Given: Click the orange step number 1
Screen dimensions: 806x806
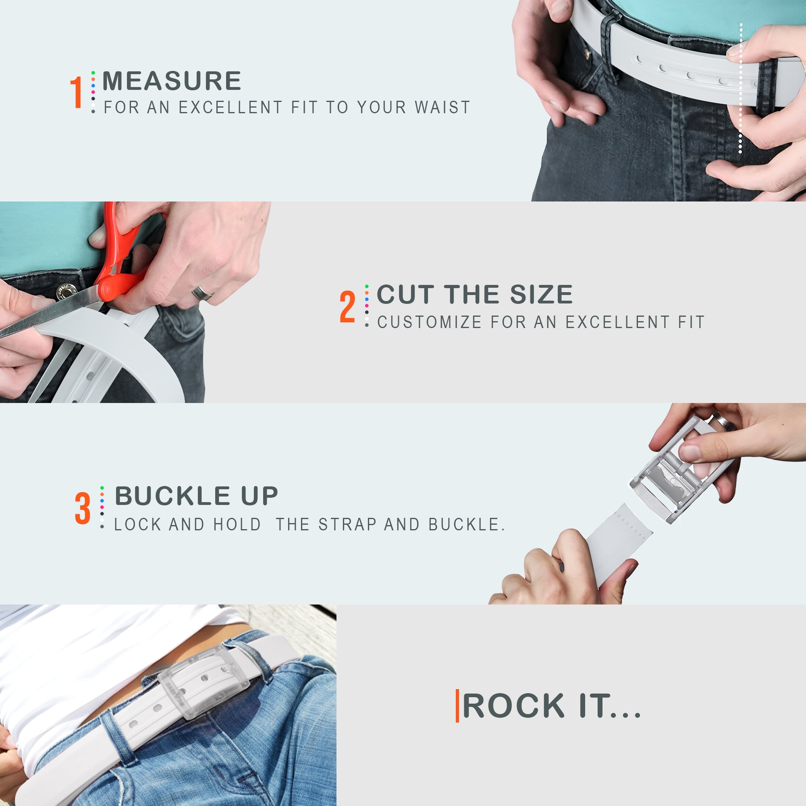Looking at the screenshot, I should coord(76,92).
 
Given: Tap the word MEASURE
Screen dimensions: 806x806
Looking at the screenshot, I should coord(171,81).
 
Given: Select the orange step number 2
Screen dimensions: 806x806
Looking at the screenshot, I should coord(347,307).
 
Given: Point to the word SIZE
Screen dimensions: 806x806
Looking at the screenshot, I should coord(541,294).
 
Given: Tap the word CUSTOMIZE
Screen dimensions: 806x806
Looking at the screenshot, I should coord(430,322).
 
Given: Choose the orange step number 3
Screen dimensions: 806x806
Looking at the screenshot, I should coord(82,508).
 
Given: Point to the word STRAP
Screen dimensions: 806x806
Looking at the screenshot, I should coord(347,525).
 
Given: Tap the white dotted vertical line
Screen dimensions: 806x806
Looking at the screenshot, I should coord(741,88).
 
